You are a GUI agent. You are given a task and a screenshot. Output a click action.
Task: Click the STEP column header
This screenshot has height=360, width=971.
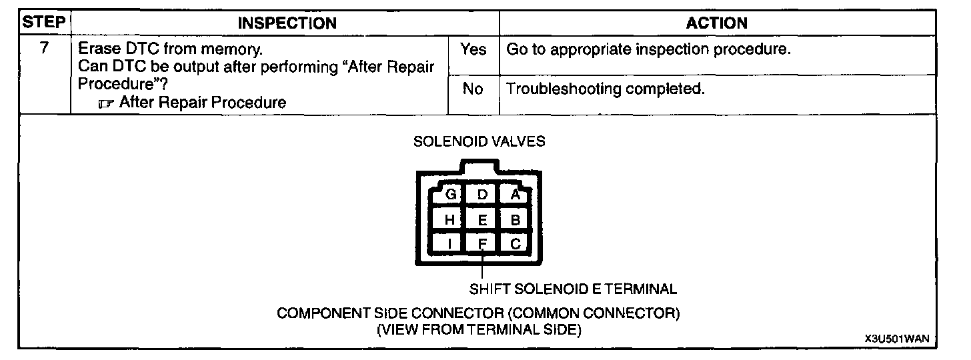point(44,23)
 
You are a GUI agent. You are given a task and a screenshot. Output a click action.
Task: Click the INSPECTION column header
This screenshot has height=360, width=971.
point(287,23)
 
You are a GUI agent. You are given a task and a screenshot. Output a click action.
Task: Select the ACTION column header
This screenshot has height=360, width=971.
point(717,23)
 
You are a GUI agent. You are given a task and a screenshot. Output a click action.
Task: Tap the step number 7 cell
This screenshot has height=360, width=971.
point(44,49)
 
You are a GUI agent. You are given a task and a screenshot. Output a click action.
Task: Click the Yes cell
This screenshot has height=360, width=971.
point(473,50)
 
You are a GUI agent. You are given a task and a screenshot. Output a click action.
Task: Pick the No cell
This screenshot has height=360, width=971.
point(472,89)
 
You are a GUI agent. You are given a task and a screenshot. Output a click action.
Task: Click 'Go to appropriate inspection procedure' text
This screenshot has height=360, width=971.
point(649,50)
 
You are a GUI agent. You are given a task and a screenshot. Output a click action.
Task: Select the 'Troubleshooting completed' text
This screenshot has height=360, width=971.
point(606,89)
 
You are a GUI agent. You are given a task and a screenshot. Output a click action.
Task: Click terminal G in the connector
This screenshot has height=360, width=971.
point(451,195)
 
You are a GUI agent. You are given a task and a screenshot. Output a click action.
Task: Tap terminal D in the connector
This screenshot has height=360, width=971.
point(483,195)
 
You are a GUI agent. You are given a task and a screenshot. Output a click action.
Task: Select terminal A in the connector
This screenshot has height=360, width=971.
point(515,195)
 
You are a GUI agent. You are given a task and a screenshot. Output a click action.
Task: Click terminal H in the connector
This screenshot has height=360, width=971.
point(450,219)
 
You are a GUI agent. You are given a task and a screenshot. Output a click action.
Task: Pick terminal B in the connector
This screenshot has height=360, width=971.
point(515,219)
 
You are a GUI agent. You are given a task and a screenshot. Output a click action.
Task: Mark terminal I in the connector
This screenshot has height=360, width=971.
point(450,244)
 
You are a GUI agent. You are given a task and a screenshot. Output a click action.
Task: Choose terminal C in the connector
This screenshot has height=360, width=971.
point(515,244)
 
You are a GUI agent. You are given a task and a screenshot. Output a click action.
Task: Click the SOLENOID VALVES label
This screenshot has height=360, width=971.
point(479,141)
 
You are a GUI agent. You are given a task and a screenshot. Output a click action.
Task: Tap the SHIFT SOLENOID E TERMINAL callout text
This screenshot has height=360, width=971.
point(573,289)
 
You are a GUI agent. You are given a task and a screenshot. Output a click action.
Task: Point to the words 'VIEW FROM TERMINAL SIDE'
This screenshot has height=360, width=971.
point(479,330)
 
